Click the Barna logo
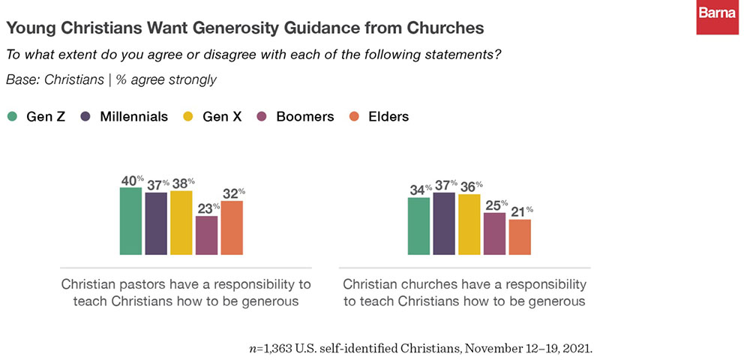pos(717,17)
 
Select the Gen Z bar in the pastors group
pos(130,221)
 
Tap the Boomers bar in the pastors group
pos(207,235)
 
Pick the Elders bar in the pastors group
pos(232,228)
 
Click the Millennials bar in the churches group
pos(444,223)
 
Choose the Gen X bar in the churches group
pos(469,225)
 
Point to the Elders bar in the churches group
pos(520,237)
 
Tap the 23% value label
pos(207,208)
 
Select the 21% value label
pos(520,211)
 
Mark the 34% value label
pos(418,190)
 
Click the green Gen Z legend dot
pos(13,116)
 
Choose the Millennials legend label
pos(134,116)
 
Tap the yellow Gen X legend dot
pos(188,116)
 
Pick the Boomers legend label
pos(304,116)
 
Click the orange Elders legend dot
pos(354,116)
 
